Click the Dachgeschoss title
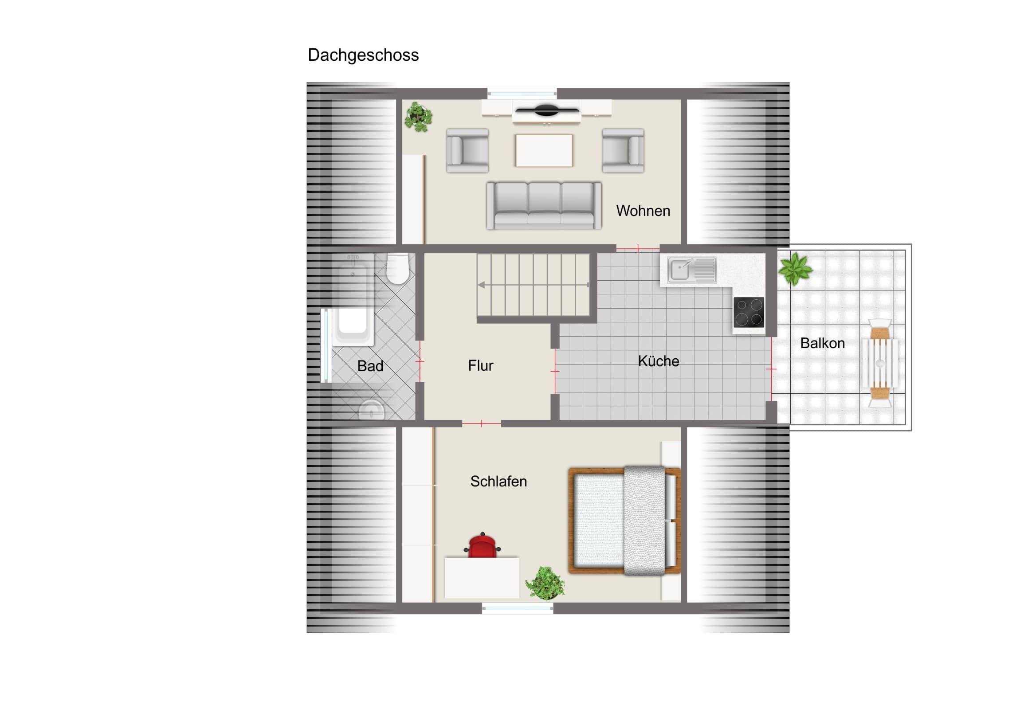point(363,55)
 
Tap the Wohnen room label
point(643,211)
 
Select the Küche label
point(659,361)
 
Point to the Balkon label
point(822,343)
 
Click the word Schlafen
point(498,481)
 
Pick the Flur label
point(480,366)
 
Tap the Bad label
point(370,366)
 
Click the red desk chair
point(482,545)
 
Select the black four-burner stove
point(749,312)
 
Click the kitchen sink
point(693,270)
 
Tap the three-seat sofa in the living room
point(544,206)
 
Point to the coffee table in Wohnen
point(544,151)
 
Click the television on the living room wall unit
point(545,110)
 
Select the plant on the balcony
point(795,268)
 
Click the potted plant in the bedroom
point(545,582)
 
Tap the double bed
point(624,521)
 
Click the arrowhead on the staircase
point(481,285)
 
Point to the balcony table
point(879,363)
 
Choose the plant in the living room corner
point(418,117)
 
